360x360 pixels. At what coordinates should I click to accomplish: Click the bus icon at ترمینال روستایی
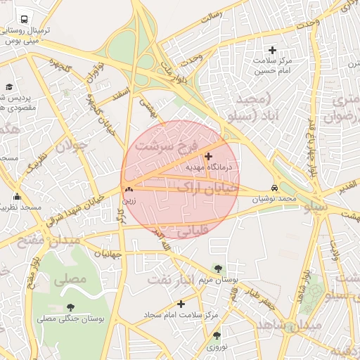click(x=25, y=20)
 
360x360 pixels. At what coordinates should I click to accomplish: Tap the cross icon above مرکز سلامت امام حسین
click(x=273, y=50)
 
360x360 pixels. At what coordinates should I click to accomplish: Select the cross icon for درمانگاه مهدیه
click(x=208, y=155)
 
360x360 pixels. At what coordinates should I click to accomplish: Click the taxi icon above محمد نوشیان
click(x=274, y=188)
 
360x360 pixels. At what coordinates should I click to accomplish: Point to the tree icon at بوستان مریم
click(x=217, y=268)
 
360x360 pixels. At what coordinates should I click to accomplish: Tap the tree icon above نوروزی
click(x=217, y=336)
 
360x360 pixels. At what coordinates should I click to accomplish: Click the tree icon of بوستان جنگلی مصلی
click(x=70, y=307)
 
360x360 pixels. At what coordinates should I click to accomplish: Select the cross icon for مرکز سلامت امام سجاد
click(x=181, y=304)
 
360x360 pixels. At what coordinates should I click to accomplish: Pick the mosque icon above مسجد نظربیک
click(x=17, y=196)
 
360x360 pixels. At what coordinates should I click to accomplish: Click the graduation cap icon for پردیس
click(x=9, y=86)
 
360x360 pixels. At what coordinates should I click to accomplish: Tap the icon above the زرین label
click(x=129, y=189)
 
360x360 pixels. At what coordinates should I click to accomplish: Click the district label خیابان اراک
click(x=203, y=188)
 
